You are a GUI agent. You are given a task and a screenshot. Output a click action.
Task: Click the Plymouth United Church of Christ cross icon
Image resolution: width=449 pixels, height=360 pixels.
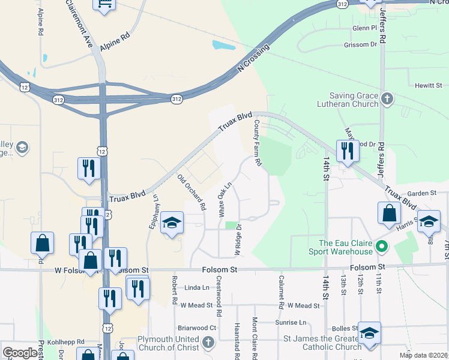[x=208, y=343]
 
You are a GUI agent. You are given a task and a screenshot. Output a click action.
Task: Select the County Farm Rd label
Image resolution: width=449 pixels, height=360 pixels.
[x=258, y=143]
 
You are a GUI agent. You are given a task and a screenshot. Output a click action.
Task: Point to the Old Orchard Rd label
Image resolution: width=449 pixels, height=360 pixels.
[x=191, y=192]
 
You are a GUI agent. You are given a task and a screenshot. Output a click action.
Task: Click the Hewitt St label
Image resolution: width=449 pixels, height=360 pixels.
[x=429, y=86]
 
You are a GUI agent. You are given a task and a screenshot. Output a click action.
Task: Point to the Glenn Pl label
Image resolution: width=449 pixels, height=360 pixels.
[x=364, y=28]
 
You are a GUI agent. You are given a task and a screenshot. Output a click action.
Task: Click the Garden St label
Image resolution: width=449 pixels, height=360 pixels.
[x=421, y=193]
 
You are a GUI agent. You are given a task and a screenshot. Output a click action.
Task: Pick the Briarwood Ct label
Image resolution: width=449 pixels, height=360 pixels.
[x=197, y=328]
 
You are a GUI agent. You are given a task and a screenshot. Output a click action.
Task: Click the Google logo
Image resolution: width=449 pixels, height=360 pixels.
[x=20, y=353]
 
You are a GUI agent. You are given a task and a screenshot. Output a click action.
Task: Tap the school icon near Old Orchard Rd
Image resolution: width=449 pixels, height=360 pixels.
[x=171, y=223]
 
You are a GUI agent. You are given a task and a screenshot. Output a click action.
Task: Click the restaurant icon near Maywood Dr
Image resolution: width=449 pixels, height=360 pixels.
[x=347, y=151]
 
